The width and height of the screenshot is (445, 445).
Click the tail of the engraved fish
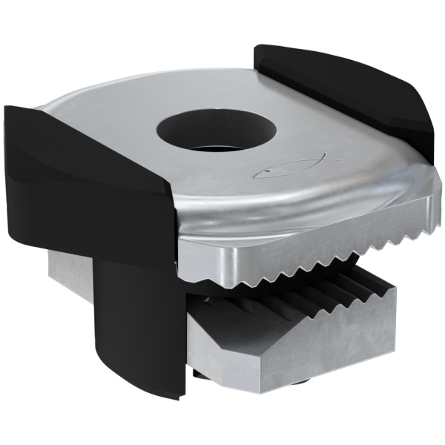[261, 175]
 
